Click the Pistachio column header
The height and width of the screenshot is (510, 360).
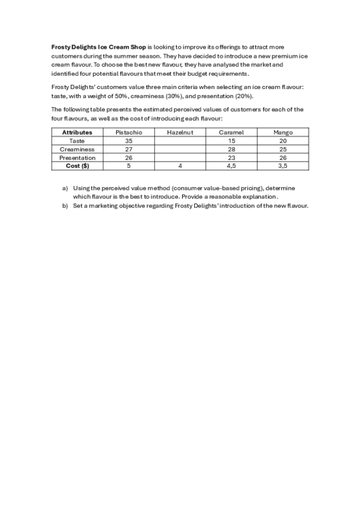128,132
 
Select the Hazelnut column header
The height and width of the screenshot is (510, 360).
180,132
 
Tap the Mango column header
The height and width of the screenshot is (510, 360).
282,132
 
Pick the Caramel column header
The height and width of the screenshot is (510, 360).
231,132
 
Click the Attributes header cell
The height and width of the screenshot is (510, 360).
77,132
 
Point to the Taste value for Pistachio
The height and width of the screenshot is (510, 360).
128,141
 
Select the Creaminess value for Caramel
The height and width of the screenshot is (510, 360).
231,149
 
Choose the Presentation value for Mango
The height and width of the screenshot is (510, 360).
282,158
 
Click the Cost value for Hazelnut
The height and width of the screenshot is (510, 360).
180,166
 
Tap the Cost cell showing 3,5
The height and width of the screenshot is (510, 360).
282,166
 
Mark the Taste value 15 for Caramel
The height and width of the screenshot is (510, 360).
231,141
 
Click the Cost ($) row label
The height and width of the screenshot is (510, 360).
77,166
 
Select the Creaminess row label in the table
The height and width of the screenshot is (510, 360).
77,149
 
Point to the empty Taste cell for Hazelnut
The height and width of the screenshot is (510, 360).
180,141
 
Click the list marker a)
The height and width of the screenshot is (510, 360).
66,188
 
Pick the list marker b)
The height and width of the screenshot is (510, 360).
66,206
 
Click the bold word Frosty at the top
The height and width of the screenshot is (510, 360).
60,47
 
